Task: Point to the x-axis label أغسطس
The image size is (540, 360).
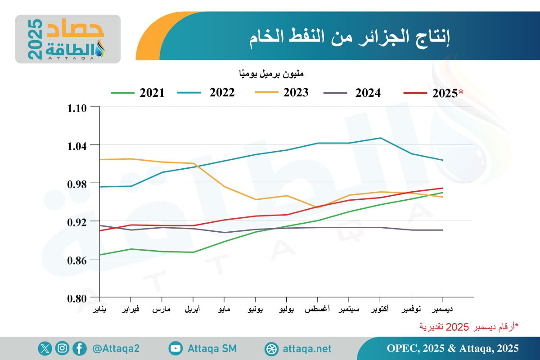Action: [317, 310]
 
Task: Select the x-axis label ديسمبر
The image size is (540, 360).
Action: [442, 310]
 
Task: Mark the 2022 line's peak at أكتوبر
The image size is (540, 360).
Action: [380, 138]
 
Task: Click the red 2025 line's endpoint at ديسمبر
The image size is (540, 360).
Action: [443, 188]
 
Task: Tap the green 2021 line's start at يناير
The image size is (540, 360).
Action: [100, 255]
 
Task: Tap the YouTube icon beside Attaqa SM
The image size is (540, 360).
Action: [175, 348]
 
